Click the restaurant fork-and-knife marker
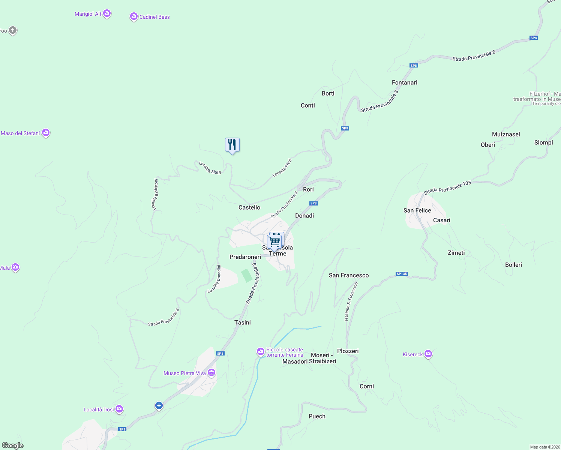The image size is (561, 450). [232, 145]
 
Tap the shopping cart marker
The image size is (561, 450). [274, 241]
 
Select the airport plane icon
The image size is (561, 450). [159, 405]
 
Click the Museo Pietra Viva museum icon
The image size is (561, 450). [211, 373]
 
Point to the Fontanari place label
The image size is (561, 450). [404, 82]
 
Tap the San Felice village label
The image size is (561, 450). [417, 210]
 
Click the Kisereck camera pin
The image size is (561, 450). [428, 354]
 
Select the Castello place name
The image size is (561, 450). [249, 207]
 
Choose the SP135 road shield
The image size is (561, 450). [402, 274]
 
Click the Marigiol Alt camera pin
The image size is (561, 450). [107, 14]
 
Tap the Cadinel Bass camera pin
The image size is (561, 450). [134, 16]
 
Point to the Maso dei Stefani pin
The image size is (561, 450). [46, 133]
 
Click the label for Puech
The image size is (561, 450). [317, 416]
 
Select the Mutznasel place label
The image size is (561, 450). [506, 134]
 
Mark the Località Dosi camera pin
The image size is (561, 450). [119, 409]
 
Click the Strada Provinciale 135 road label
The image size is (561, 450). [447, 188]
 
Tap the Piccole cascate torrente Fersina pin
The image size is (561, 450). [261, 352]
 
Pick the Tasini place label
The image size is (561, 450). [243, 322]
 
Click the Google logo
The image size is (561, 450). [13, 445]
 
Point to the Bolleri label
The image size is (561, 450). [513, 265]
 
